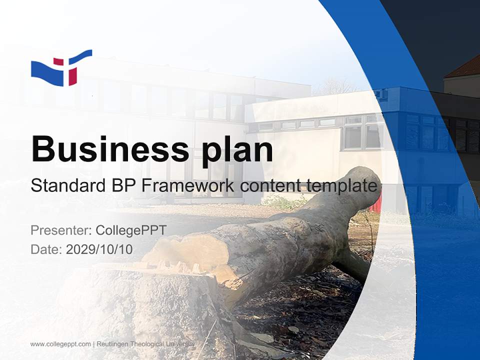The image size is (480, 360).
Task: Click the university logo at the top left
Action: point(61,68)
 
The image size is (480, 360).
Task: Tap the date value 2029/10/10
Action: point(99,249)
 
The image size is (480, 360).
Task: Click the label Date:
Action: point(46,249)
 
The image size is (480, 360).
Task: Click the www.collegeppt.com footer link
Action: point(60,344)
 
